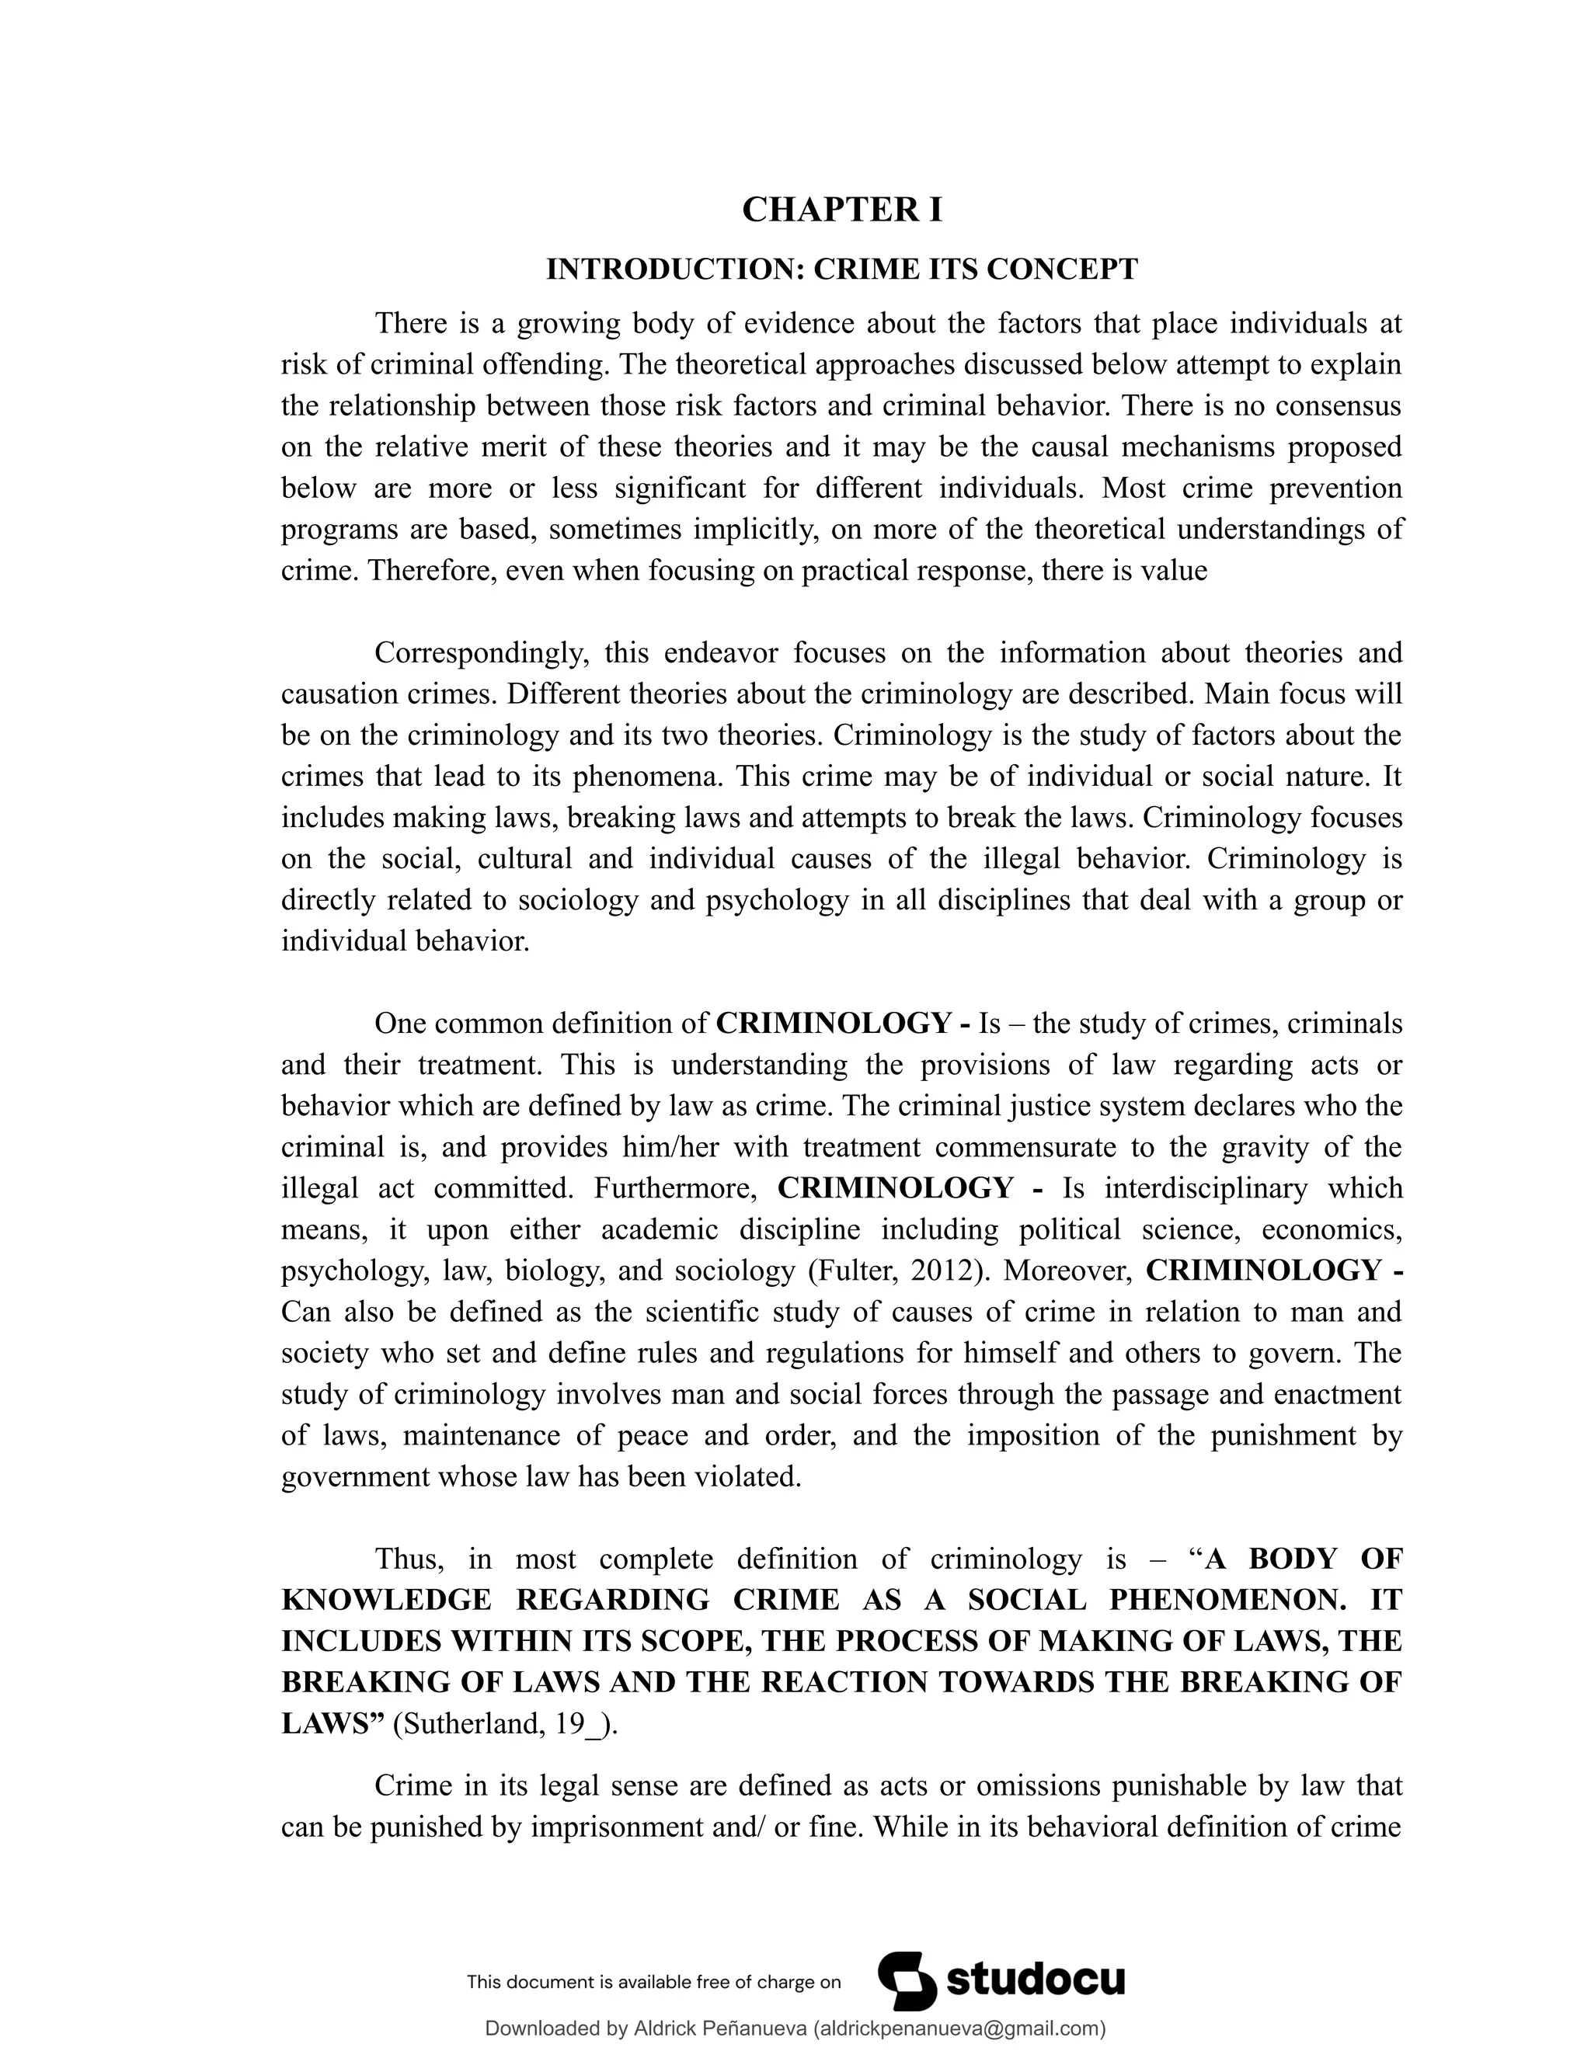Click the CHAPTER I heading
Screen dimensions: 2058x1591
pyautogui.click(x=841, y=209)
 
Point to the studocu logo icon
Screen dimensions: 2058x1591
pyautogui.click(x=907, y=1980)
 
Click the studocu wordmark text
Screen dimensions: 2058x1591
pyautogui.click(x=1035, y=1980)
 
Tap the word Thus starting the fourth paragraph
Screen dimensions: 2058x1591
pyautogui.click(x=409, y=1559)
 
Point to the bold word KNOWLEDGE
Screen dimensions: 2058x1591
pyautogui.click(x=385, y=1600)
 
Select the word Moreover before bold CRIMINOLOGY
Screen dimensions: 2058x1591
pyautogui.click(x=1066, y=1271)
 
